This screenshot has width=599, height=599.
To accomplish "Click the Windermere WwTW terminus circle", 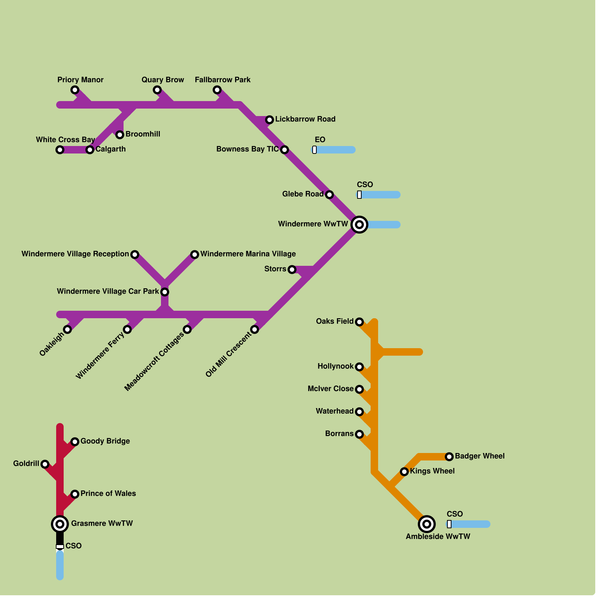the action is click(x=359, y=225).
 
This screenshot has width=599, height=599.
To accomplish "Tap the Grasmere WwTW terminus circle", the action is click(x=60, y=524).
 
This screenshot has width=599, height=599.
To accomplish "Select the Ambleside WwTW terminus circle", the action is click(x=427, y=524).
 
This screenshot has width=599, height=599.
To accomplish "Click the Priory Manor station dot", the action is click(x=75, y=90).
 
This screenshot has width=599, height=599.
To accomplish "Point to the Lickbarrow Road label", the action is click(x=305, y=119).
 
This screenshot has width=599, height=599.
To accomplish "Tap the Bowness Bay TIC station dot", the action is click(x=285, y=150).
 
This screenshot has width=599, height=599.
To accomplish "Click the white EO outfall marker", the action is click(x=314, y=150).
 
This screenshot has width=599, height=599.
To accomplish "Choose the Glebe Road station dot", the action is click(x=329, y=195).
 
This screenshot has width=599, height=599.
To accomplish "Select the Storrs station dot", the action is click(x=292, y=270).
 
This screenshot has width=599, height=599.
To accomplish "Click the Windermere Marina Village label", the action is click(x=248, y=254).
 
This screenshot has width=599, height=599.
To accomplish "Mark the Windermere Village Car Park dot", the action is click(x=165, y=292).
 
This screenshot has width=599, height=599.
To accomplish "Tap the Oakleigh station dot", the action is click(x=67, y=329).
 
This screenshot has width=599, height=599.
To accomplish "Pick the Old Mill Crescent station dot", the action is click(x=255, y=329).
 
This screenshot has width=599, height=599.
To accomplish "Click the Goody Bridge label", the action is click(x=105, y=441).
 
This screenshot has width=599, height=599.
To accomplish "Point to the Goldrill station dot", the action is click(x=45, y=464).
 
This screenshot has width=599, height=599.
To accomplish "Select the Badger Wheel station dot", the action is click(x=449, y=457).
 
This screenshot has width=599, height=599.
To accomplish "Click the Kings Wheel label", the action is click(x=432, y=471).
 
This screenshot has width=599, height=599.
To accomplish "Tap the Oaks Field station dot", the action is click(x=359, y=322).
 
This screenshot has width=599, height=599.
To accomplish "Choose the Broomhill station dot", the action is click(x=120, y=135).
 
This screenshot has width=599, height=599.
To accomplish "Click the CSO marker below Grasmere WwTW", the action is click(x=60, y=547).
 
